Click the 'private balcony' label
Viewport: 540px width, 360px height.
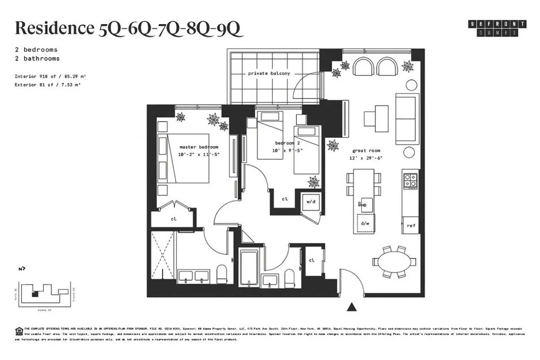(269, 73)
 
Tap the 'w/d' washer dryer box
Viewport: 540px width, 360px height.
(311, 202)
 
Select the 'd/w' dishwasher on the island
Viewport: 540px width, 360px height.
(365, 223)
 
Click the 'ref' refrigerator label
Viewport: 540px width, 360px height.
(411, 225)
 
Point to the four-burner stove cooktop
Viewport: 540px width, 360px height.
(410, 181)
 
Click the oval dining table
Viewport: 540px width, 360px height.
(394, 262)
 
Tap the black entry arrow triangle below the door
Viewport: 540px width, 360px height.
(352, 307)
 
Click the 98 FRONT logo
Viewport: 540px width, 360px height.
(497, 28)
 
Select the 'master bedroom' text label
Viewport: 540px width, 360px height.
(199, 147)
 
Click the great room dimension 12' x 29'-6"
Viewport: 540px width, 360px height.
(366, 158)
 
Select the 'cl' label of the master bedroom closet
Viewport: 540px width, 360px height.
(174, 219)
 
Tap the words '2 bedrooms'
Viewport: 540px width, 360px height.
(36, 50)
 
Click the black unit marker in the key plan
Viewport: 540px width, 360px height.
(35, 294)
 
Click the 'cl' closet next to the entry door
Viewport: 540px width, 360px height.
(312, 260)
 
